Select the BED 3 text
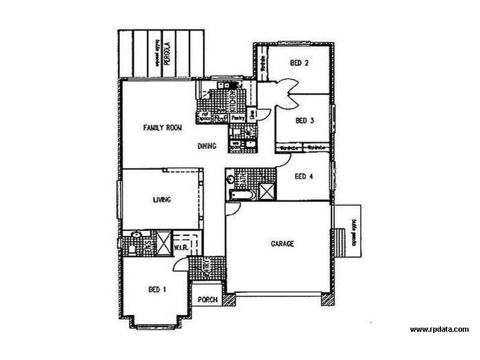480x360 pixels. pos(305,121)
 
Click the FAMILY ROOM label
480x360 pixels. pos(162,128)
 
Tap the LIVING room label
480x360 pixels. pos(162,200)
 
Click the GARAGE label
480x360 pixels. pos(282,244)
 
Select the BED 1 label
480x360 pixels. pos(157,290)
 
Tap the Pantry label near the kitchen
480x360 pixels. pos(238,118)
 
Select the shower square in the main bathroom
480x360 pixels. pos(266,192)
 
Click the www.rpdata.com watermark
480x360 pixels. pos(439,329)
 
